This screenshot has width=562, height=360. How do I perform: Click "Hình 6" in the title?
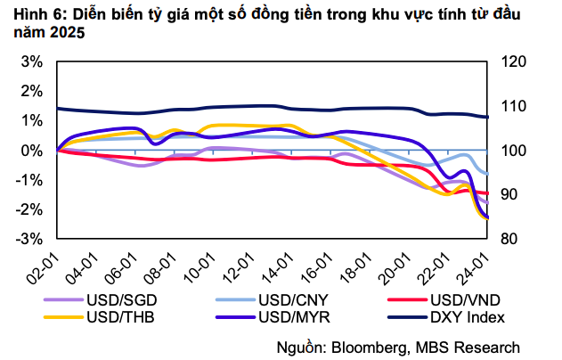pos(33,15)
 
